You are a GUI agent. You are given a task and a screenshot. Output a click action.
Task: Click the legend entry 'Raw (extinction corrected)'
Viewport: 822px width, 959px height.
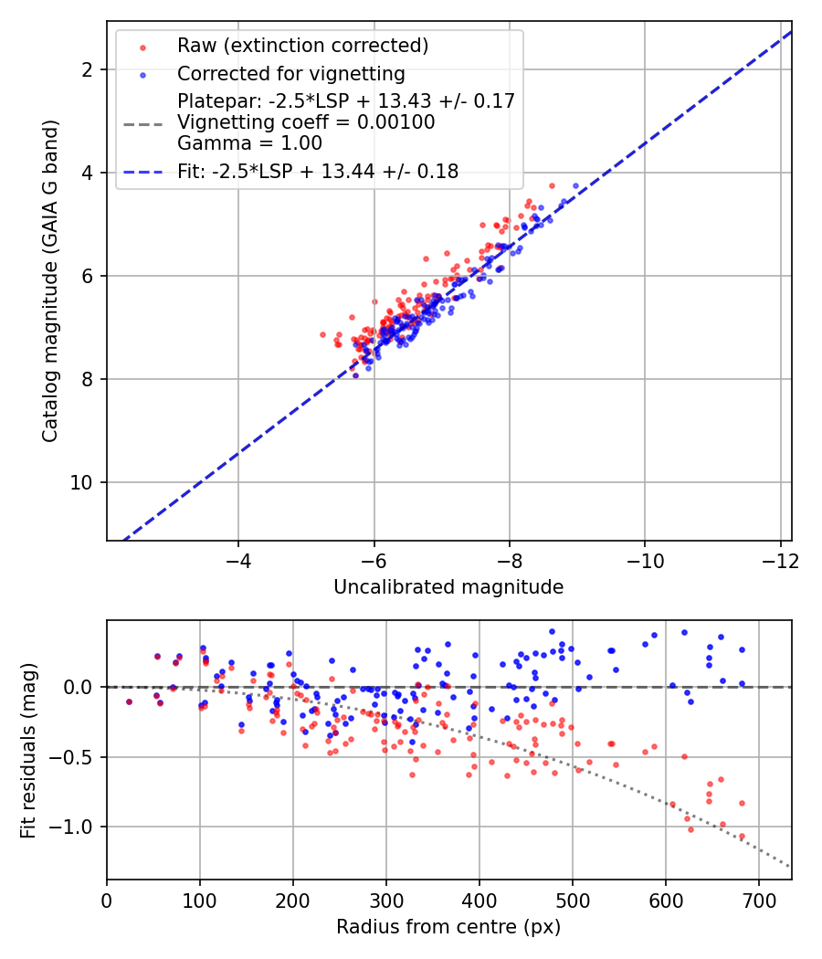pos(302,46)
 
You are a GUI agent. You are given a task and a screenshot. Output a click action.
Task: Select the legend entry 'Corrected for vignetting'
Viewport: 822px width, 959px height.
pos(290,73)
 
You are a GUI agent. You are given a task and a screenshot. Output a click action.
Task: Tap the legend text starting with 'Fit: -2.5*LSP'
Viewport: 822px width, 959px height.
pos(318,171)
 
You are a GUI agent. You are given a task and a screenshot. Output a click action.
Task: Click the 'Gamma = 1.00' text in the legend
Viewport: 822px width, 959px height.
pos(249,142)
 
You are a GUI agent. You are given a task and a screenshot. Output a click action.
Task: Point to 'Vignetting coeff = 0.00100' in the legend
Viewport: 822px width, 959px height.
pos(306,122)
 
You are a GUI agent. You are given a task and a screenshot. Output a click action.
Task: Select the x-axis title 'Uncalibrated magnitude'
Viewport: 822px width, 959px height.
pos(448,587)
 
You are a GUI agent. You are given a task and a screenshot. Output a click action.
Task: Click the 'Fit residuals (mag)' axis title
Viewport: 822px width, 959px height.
pos(28,751)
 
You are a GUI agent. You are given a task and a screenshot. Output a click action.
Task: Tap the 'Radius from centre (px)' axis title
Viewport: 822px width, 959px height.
pos(448,927)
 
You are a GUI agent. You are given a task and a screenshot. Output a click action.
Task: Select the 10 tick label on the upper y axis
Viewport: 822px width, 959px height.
pos(82,482)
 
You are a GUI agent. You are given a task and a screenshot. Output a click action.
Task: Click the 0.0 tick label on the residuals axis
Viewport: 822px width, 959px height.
pos(79,687)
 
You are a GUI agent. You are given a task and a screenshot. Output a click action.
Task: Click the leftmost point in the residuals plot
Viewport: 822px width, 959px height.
pos(129,701)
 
